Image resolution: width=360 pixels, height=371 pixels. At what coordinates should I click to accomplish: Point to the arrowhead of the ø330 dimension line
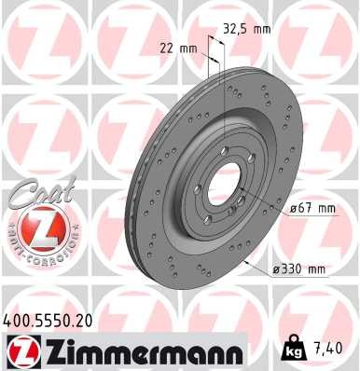coord(244,262)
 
